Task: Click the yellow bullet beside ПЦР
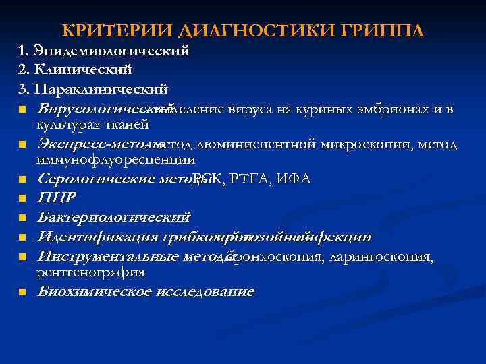pyautogui.click(x=22, y=199)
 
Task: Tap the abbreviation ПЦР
pyautogui.click(x=57, y=198)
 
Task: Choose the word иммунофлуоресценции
pyautogui.click(x=116, y=160)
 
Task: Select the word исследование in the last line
pyautogui.click(x=205, y=292)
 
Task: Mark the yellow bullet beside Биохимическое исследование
pyautogui.click(x=22, y=293)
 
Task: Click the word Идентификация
pyautogui.click(x=99, y=237)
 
